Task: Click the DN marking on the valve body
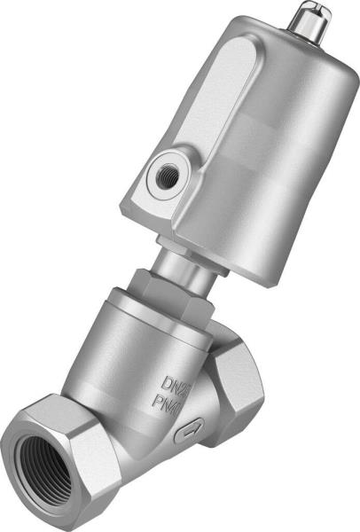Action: tap(175, 384)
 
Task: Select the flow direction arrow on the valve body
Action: tap(188, 434)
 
